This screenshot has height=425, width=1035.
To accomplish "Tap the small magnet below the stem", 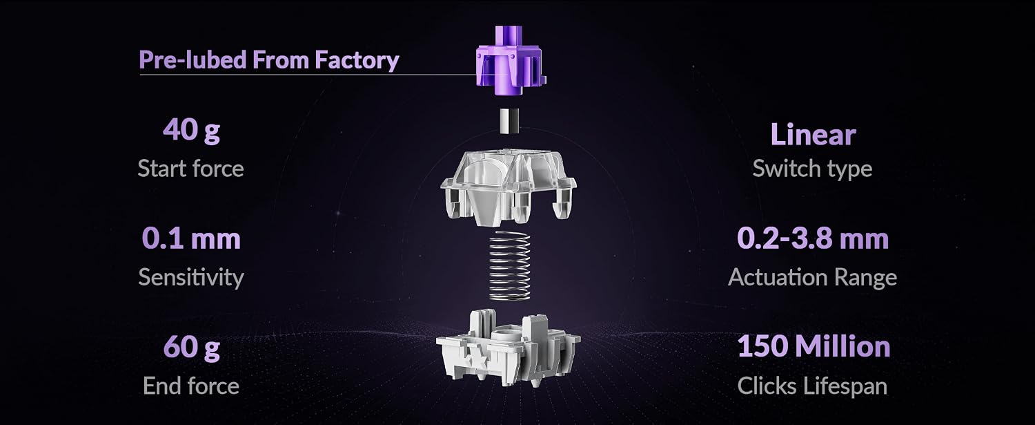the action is pyautogui.click(x=509, y=121).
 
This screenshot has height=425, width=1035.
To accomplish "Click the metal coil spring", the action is pyautogui.click(x=510, y=265).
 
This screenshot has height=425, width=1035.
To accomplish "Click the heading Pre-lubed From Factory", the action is pyautogui.click(x=269, y=60).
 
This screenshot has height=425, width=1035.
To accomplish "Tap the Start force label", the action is pyautogui.click(x=191, y=169).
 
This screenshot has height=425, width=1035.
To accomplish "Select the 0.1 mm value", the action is pyautogui.click(x=191, y=238).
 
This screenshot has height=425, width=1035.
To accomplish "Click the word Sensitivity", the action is pyautogui.click(x=191, y=277).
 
